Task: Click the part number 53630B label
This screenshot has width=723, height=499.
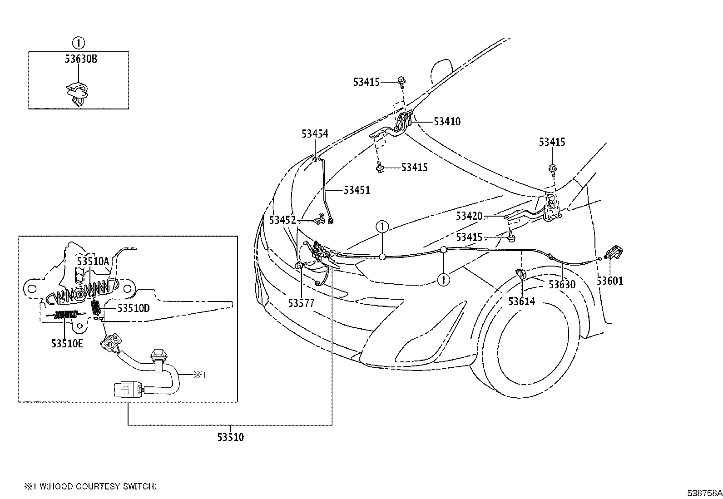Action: (81, 59)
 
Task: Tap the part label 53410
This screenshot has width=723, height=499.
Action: (447, 122)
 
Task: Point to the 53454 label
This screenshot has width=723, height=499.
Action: (315, 133)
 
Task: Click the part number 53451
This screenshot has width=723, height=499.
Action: (357, 190)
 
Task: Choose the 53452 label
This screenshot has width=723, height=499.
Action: (282, 220)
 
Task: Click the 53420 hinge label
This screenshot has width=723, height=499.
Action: (469, 216)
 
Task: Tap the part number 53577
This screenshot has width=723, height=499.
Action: (301, 303)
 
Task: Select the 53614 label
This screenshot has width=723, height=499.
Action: (522, 301)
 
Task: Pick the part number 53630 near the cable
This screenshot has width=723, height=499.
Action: (562, 285)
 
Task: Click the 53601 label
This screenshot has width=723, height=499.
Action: (610, 281)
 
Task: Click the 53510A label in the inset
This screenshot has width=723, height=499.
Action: (93, 261)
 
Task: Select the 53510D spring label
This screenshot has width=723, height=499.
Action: (134, 308)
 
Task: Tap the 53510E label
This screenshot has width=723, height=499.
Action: (67, 343)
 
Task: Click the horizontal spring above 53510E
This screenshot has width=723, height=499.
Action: (66, 314)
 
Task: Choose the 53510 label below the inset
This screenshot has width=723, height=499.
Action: (230, 437)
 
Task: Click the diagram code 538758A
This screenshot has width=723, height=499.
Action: (704, 493)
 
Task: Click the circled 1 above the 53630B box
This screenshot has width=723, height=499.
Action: (79, 43)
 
